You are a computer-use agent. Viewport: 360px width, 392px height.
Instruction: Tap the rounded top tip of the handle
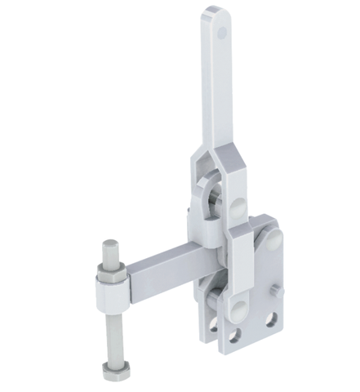(x=214, y=11)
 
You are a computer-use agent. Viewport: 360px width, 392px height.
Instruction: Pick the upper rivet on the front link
(x=238, y=203)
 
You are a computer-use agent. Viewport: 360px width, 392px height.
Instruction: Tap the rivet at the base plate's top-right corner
(x=273, y=240)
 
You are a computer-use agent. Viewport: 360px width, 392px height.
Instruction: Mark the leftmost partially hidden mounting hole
(x=214, y=325)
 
